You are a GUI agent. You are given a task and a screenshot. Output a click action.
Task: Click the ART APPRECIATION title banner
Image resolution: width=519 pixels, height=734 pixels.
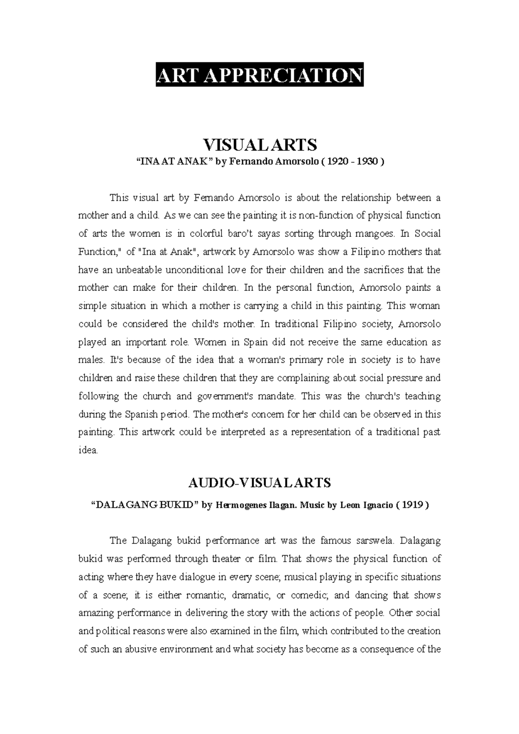pyautogui.click(x=259, y=75)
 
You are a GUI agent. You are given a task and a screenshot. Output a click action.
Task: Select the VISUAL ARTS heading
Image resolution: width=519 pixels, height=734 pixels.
pyautogui.click(x=259, y=145)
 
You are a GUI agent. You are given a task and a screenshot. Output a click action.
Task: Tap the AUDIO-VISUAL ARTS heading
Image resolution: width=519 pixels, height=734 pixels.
pyautogui.click(x=259, y=482)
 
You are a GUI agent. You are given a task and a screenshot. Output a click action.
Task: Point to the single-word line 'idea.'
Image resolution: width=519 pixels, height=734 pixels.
pyautogui.click(x=88, y=450)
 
